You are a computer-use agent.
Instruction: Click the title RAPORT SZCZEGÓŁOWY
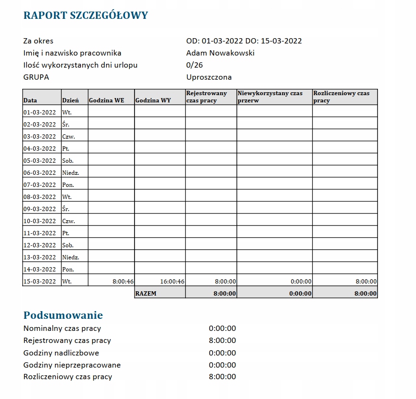[x=85, y=15]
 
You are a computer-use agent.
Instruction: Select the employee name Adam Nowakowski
[x=220, y=53]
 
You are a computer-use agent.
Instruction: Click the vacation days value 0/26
[x=195, y=65]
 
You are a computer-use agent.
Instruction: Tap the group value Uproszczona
[x=209, y=77]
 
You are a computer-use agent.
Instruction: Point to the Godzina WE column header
[x=107, y=100]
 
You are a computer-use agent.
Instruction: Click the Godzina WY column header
[x=153, y=100]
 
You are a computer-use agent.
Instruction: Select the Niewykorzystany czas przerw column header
[x=269, y=97]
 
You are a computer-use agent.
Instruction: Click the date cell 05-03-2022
[x=40, y=161]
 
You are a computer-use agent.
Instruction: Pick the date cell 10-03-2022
[x=40, y=221]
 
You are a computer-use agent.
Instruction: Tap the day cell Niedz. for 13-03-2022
[x=70, y=257]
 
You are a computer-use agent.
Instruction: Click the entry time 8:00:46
[x=123, y=281]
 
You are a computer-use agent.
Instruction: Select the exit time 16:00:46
[x=172, y=281]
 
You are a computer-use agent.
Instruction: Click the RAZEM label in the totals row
[x=146, y=293]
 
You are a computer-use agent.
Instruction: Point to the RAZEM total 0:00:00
[x=300, y=293]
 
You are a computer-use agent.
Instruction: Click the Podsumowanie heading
[x=63, y=315]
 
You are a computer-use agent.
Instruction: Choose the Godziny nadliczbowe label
[x=61, y=353]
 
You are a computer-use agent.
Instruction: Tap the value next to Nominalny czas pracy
[x=222, y=328]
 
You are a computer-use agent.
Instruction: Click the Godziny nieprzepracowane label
[x=72, y=365]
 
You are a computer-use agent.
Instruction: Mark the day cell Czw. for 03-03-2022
[x=68, y=137]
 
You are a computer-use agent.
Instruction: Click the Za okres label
[x=38, y=41]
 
